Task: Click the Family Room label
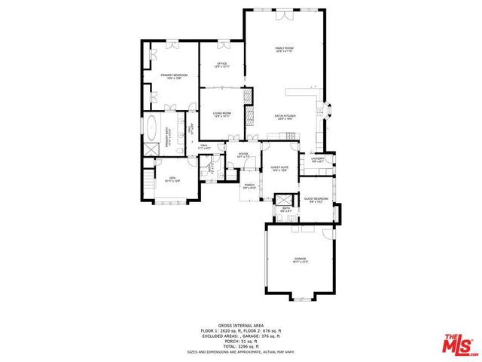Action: (284, 50)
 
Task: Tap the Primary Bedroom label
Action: (174, 76)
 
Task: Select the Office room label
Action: (222, 65)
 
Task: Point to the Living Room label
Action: (222, 115)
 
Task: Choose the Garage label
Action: (300, 261)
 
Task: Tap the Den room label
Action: (172, 179)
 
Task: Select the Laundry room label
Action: (318, 158)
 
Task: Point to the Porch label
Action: (249, 186)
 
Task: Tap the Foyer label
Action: (243, 155)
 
